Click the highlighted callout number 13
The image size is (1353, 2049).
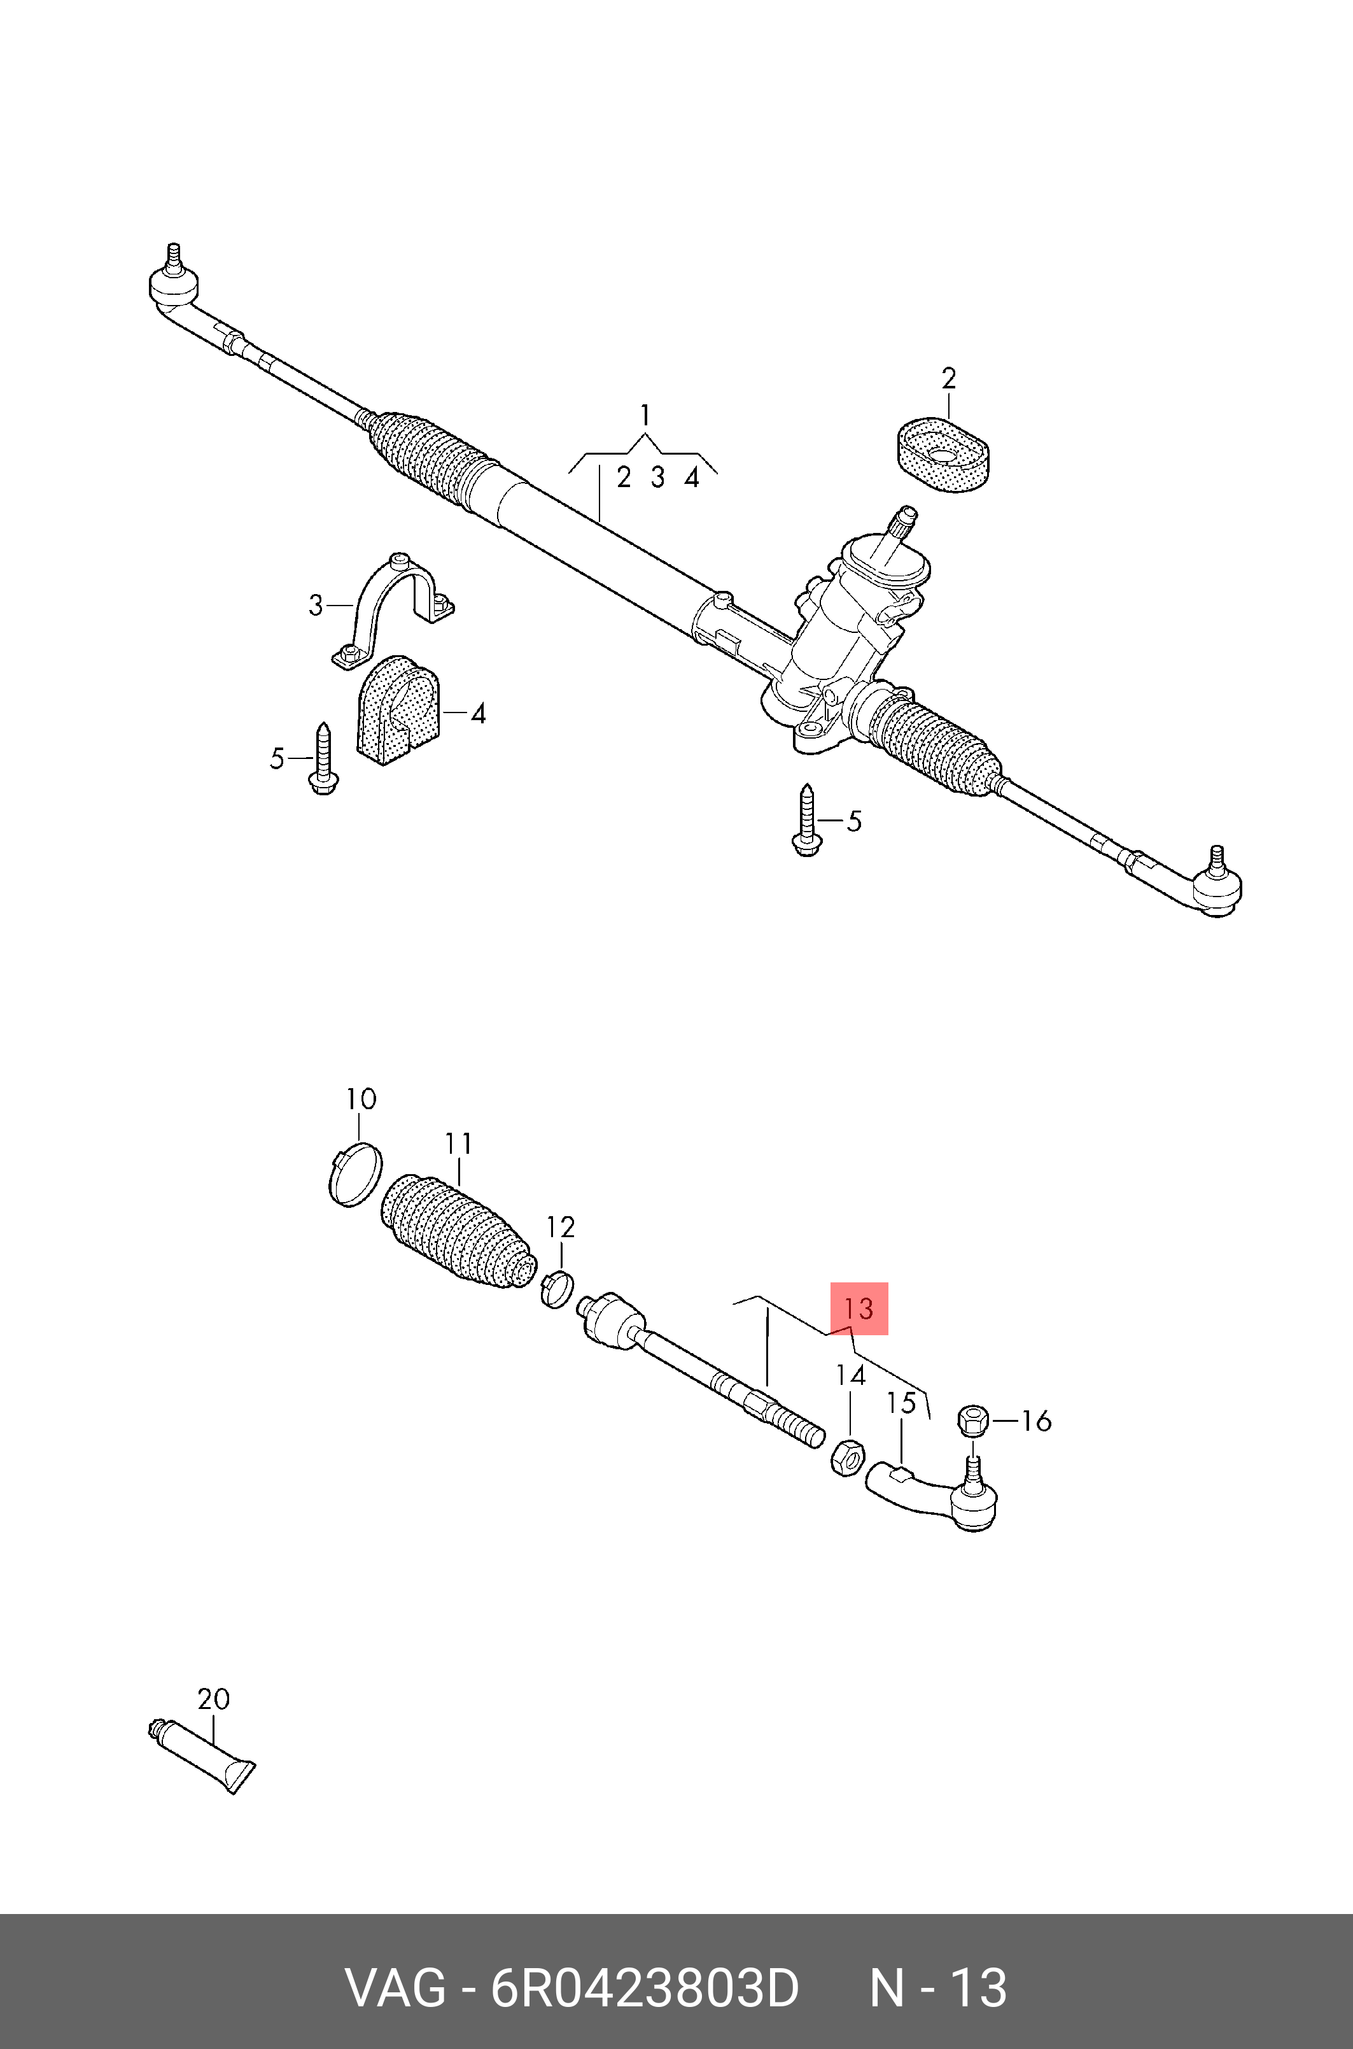(859, 1308)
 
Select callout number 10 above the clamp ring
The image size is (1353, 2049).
(361, 1099)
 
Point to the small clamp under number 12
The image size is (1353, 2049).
(557, 1289)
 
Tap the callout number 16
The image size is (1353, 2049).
(1036, 1421)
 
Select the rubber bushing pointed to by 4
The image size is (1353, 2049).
(398, 709)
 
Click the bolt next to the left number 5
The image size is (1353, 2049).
(323, 760)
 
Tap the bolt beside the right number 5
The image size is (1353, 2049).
(806, 820)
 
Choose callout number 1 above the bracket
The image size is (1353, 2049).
(645, 416)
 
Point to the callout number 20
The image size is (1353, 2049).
(213, 1699)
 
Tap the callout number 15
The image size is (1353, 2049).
(902, 1403)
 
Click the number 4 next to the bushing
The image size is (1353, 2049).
(478, 714)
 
